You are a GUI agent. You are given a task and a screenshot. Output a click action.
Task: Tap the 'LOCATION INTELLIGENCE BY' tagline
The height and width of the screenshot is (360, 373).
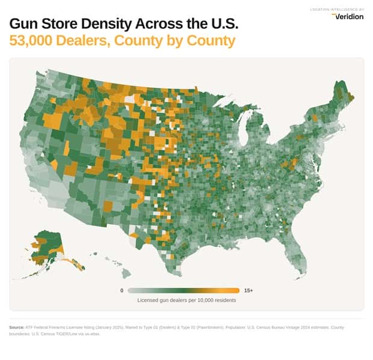pyautogui.click(x=337, y=9)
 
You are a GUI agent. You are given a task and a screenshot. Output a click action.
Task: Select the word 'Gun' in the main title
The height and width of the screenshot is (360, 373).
pyautogui.click(x=26, y=25)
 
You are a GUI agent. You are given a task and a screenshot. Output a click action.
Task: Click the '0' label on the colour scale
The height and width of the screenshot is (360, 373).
pyautogui.click(x=122, y=290)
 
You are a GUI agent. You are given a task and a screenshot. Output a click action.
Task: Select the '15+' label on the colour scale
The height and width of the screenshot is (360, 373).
pyautogui.click(x=248, y=290)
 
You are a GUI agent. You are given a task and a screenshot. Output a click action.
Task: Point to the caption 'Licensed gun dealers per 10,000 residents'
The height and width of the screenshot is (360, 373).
pyautogui.click(x=186, y=300)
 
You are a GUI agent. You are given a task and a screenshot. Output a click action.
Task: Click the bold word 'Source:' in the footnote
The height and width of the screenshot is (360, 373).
pyautogui.click(x=17, y=328)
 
